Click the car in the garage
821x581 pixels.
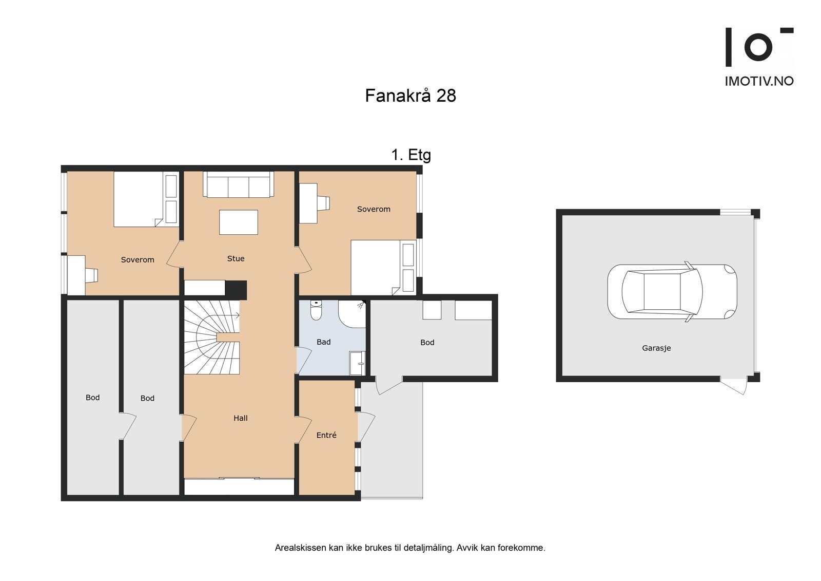672,291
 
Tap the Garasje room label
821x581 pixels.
656,348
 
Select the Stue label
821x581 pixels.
236,258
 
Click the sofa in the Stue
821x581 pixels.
238,184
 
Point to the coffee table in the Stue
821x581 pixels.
239,222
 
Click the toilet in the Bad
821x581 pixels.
316,310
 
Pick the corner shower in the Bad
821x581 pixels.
352,314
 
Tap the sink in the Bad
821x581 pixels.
357,363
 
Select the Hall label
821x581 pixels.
241,418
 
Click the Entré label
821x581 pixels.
326,435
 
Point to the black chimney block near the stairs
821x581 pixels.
236,290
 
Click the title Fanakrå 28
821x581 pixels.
411,96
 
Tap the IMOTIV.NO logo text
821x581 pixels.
759,81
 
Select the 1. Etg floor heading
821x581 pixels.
411,155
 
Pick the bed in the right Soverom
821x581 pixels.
383,268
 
